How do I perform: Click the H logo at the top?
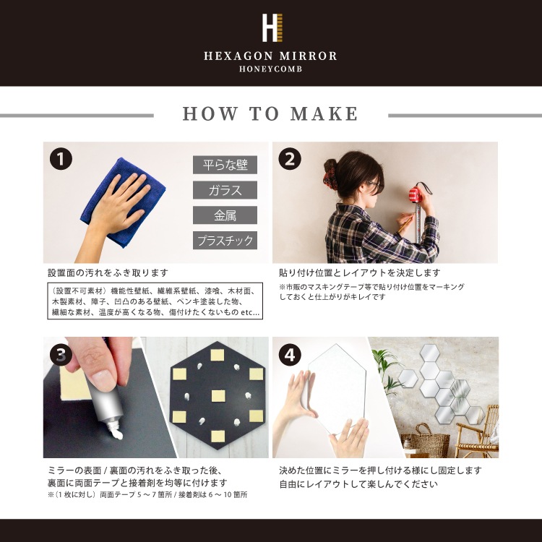pyautogui.click(x=272, y=28)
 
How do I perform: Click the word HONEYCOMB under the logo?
pyautogui.click(x=271, y=69)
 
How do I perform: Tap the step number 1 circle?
pyautogui.click(x=61, y=159)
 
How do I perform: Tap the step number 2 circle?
pyautogui.click(x=290, y=159)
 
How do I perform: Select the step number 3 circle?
pyautogui.click(x=61, y=355)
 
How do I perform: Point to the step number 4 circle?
pyautogui.click(x=290, y=355)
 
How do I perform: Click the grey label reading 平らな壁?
pyautogui.click(x=225, y=165)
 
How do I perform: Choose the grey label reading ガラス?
pyautogui.click(x=225, y=190)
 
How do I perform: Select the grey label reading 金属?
pyautogui.click(x=225, y=215)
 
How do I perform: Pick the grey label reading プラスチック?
pyautogui.click(x=225, y=241)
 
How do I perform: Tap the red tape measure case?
pyautogui.click(x=416, y=194)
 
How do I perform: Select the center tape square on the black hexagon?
pyautogui.click(x=218, y=396)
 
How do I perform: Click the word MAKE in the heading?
pyautogui.click(x=324, y=113)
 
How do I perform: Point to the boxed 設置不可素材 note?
pyautogui.click(x=155, y=301)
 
